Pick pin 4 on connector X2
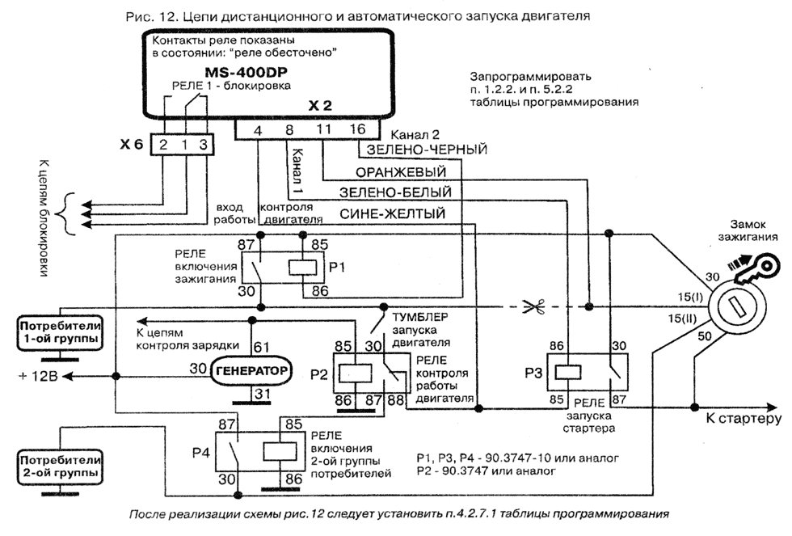(257, 129)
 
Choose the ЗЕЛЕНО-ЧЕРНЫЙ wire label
(427, 150)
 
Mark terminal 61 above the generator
(262, 347)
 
